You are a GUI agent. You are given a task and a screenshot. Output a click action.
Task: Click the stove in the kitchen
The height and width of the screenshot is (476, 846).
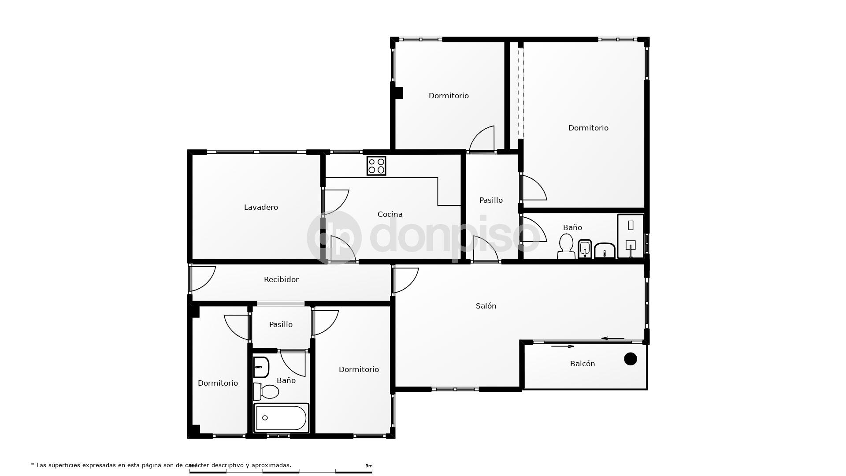click(376, 166)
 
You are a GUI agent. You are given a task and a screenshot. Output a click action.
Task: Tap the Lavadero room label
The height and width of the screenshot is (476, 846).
click(261, 207)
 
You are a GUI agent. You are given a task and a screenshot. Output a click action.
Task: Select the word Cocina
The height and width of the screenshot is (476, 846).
click(390, 214)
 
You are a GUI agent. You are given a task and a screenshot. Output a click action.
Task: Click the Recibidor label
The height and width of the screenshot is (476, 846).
click(281, 279)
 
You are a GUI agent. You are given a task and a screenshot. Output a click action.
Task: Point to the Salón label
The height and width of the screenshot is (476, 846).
click(486, 306)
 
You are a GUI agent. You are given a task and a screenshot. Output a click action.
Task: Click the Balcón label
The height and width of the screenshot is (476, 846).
click(583, 364)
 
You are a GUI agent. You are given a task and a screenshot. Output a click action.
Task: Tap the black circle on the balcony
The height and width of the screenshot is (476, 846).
click(631, 359)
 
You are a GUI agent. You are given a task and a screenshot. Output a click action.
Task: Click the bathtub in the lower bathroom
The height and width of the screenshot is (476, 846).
click(281, 418)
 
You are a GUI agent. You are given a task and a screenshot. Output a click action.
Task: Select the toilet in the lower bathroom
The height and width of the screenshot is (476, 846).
click(267, 391)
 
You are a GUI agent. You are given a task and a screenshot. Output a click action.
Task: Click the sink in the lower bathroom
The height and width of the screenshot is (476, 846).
click(261, 367)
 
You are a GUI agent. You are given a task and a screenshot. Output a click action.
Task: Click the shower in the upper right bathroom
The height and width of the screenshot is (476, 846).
click(631, 236)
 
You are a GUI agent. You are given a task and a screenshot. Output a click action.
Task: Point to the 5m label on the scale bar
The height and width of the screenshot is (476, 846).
click(369, 466)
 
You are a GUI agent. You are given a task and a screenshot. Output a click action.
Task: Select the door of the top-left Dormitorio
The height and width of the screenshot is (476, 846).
click(482, 139)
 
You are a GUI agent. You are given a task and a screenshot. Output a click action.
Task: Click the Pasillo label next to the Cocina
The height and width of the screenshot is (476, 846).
click(491, 200)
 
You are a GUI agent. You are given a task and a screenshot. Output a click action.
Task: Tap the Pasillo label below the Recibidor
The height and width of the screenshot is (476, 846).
click(281, 324)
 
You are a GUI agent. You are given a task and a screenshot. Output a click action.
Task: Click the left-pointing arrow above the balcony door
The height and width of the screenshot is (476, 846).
click(613, 338)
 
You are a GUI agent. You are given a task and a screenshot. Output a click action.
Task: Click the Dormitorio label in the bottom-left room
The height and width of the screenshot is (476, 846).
click(218, 383)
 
